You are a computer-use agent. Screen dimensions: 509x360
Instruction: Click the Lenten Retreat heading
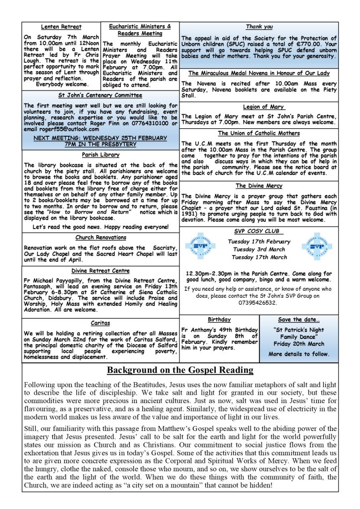click(61, 27)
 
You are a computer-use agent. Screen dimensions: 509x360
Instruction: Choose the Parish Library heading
click(100, 155)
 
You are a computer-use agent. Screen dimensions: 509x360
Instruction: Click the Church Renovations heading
click(100, 238)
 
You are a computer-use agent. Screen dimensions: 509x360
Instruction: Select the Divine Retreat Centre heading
click(100, 271)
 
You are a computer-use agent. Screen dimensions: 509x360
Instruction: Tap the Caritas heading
click(100, 323)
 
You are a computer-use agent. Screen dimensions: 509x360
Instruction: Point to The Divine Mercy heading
click(259, 186)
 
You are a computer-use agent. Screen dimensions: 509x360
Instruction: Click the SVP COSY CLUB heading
click(259, 232)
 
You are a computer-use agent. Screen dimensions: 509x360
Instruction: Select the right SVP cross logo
click(316, 246)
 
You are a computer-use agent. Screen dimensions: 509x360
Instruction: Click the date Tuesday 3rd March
click(258, 249)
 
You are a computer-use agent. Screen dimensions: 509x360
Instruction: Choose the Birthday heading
click(219, 320)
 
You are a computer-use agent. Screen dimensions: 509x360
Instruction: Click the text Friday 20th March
click(299, 343)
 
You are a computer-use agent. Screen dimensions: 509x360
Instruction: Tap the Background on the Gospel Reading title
click(180, 370)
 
